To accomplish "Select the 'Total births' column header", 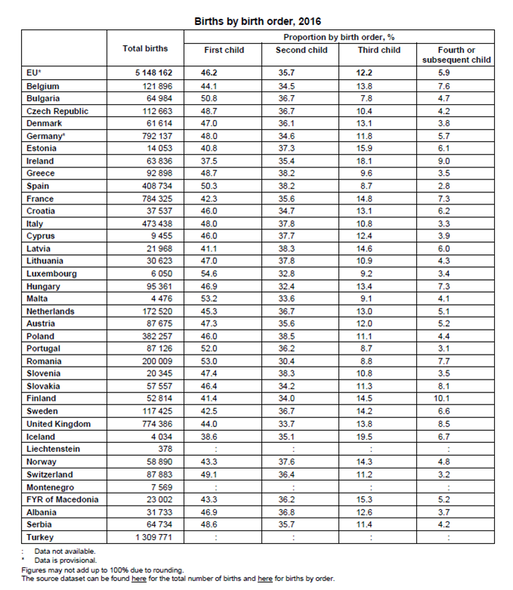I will [145, 48].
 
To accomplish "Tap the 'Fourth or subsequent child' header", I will [456, 54].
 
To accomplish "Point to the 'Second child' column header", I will [301, 50].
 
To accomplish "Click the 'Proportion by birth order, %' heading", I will [339, 36].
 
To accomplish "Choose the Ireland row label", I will [40, 161].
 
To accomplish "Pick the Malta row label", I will [37, 299].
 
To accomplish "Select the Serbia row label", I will [39, 524].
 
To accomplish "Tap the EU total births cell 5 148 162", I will [154, 73].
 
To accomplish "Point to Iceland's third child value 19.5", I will [364, 437].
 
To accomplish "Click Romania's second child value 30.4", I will [289, 361].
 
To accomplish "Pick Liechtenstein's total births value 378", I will [165, 449].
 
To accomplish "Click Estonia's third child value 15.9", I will [364, 149].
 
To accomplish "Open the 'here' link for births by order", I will [265, 579].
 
